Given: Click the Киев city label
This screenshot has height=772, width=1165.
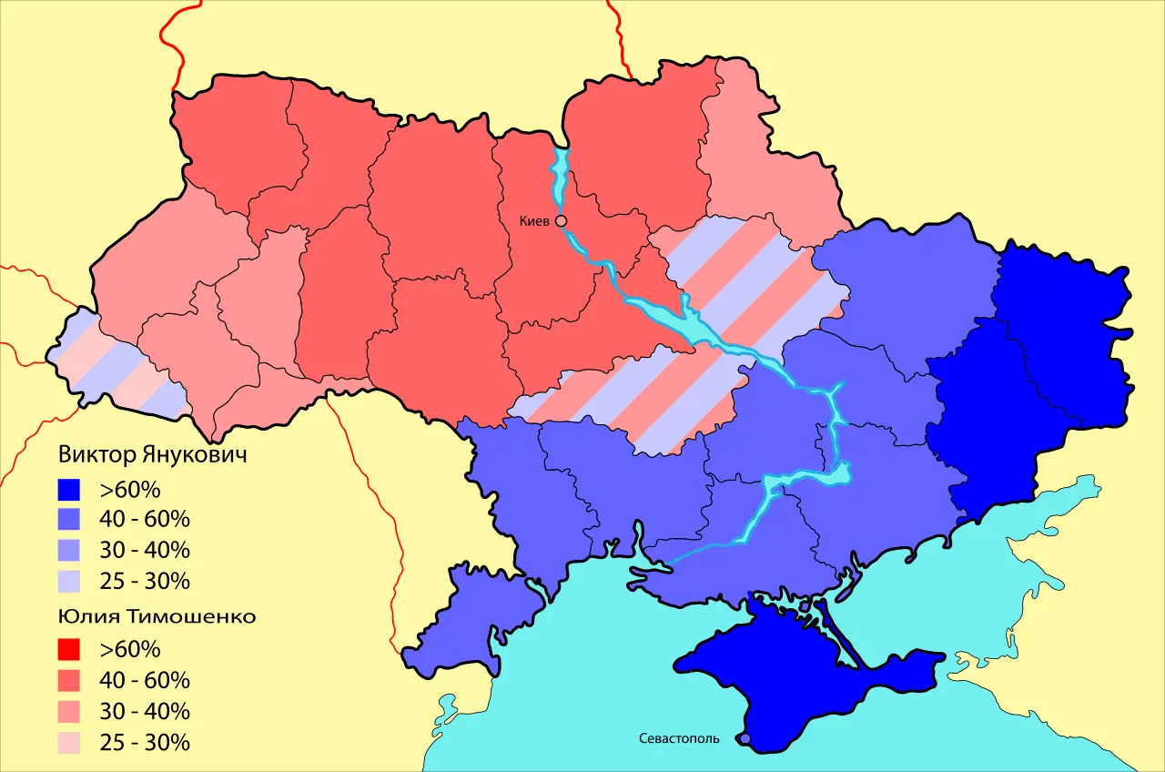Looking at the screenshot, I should click(x=534, y=221).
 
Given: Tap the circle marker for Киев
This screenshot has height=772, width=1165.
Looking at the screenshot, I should click(x=561, y=220).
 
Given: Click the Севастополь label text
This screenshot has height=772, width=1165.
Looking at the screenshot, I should click(x=679, y=738).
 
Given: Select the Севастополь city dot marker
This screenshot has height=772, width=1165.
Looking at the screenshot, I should click(x=745, y=739).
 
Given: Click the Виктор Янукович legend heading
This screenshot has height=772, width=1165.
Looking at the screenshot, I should click(x=152, y=455).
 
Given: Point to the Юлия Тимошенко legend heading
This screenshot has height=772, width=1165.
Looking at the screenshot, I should click(x=157, y=616).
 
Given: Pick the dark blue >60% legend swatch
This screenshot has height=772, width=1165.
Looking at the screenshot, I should click(x=68, y=491).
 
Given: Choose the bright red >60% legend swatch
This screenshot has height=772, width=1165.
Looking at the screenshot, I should click(x=68, y=650).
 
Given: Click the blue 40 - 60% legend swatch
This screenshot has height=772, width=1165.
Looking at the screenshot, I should click(x=68, y=521).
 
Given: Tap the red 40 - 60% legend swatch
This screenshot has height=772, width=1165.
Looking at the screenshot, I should click(x=68, y=680).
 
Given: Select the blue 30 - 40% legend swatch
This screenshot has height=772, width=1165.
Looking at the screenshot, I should click(x=68, y=551).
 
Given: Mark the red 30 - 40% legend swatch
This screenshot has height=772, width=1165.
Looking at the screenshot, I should click(x=68, y=711).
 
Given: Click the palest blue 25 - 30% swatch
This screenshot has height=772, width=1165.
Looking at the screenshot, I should click(x=68, y=581).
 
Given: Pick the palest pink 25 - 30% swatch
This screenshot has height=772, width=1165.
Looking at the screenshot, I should click(x=68, y=742).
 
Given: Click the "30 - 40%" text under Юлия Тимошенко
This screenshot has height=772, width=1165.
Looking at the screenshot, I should click(x=145, y=711).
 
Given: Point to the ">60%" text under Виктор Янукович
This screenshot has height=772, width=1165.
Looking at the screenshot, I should click(x=130, y=491).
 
